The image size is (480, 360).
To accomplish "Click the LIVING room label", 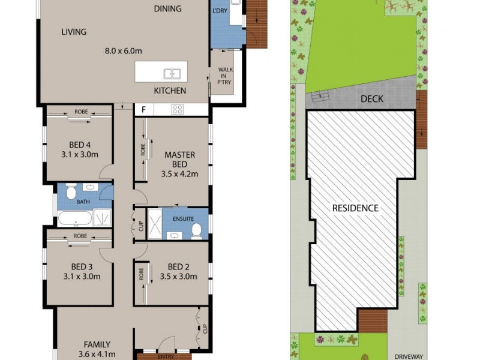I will click(x=74, y=32).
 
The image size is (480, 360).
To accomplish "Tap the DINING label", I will click(x=167, y=8).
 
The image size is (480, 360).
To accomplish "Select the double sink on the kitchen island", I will click(x=173, y=74).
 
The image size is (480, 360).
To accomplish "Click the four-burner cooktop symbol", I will click(x=178, y=109).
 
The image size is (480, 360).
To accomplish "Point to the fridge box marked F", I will click(x=144, y=109).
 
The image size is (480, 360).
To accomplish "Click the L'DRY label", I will click(x=220, y=11).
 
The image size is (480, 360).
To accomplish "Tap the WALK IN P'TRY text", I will click(x=225, y=76).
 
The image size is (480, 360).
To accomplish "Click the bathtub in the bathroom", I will click(x=75, y=217).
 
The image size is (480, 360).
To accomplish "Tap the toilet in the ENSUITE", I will click(x=196, y=230).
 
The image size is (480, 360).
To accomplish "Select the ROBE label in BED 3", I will click(x=80, y=236).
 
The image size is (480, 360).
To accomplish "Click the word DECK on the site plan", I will click(x=372, y=99).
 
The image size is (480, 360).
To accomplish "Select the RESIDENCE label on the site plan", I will click(x=356, y=208).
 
